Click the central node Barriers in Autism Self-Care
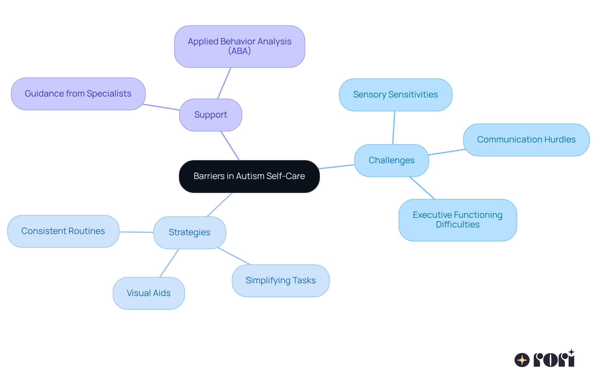(x=249, y=176)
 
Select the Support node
(x=211, y=115)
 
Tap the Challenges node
(x=391, y=160)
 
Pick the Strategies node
(x=189, y=232)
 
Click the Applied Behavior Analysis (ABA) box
(x=239, y=46)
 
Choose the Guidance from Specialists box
(x=78, y=94)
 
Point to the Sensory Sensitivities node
(x=395, y=95)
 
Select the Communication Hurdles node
(x=526, y=140)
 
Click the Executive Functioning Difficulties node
(x=457, y=220)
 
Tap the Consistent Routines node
(x=63, y=231)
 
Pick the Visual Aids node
(x=149, y=293)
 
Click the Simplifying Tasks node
(x=280, y=281)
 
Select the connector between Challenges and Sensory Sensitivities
(x=394, y=128)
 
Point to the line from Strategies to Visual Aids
(x=169, y=263)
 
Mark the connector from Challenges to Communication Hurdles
(x=447, y=152)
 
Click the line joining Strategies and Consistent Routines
(x=136, y=232)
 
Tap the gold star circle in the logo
(x=522, y=360)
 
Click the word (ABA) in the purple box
(x=239, y=51)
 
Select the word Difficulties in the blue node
(x=457, y=225)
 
